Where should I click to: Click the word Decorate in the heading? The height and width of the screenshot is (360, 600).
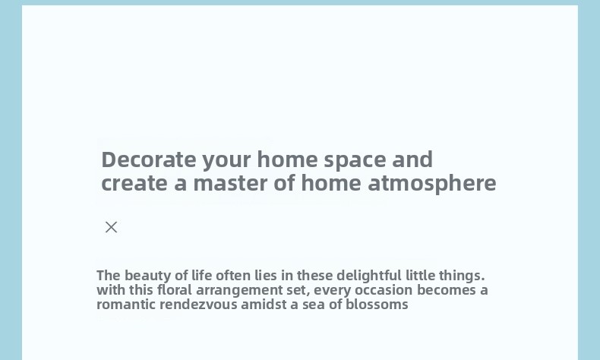(148, 159)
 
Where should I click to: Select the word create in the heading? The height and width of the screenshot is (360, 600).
(134, 183)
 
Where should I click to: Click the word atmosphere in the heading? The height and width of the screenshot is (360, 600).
(432, 184)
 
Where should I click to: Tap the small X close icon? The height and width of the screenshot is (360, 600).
(112, 227)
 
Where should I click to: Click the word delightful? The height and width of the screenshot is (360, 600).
(369, 276)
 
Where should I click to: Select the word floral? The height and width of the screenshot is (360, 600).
(175, 290)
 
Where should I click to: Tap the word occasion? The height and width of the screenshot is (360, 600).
(384, 290)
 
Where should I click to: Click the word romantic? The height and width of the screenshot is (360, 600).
(126, 305)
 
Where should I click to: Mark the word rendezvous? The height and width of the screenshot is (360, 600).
(198, 305)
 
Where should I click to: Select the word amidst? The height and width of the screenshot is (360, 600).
(264, 305)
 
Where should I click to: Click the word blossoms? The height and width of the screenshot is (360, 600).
(377, 305)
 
